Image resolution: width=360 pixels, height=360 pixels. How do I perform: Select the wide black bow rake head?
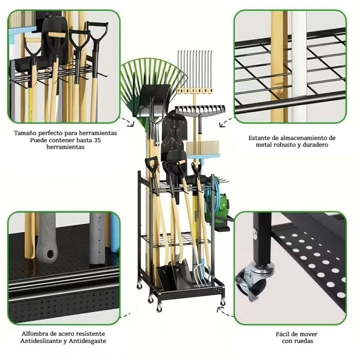click(x=200, y=109)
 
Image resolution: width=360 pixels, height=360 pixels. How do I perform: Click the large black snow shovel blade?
click(x=153, y=100)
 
